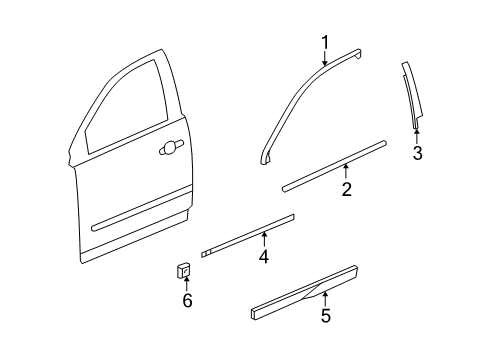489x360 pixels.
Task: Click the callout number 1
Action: [324, 41]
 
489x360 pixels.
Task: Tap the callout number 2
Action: [346, 190]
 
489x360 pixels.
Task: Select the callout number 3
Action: [418, 153]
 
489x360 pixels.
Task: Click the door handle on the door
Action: [171, 148]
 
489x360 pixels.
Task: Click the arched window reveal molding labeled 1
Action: [290, 100]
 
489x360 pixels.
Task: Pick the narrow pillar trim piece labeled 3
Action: [412, 95]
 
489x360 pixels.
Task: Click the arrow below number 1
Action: [324, 59]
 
